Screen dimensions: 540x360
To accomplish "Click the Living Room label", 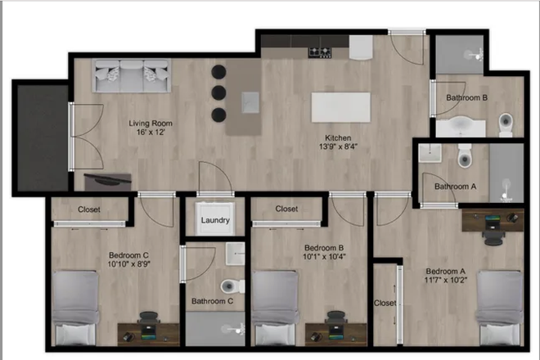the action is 151,123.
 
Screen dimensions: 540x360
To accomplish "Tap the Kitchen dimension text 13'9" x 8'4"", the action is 338,146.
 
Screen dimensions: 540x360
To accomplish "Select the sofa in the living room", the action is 131,75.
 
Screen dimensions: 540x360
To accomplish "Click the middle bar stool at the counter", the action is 218,92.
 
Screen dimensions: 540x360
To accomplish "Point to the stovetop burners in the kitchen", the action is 320,52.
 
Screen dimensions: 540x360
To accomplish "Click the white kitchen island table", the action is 341,107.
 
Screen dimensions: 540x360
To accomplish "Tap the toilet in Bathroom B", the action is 506,124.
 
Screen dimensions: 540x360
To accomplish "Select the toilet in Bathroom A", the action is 464,156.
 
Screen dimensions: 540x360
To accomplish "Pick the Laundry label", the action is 215,220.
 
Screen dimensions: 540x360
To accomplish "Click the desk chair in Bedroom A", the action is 493,238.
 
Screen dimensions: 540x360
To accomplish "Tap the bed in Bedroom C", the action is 75,308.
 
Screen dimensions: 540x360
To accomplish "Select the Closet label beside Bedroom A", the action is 385,303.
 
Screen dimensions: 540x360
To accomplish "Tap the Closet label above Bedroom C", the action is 89,209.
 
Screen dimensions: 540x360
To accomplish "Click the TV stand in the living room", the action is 108,182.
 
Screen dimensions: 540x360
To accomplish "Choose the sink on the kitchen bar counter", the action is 250,102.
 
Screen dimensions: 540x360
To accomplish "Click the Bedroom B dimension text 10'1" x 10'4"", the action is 324,257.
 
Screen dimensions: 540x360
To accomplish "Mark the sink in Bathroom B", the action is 461,127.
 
